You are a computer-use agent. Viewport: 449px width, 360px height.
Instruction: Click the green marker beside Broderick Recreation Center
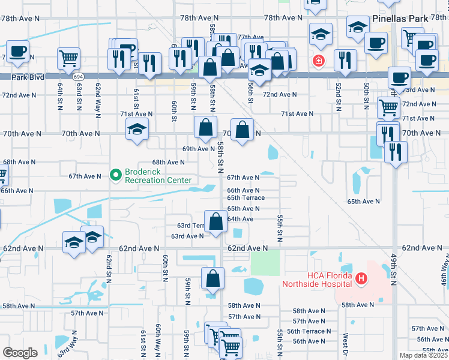click(x=116, y=175)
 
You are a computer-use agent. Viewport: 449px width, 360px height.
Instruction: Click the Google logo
click(x=20, y=352)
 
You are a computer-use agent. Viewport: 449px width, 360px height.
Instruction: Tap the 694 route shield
click(x=79, y=77)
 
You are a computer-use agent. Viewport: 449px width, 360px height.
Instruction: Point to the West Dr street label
click(x=346, y=345)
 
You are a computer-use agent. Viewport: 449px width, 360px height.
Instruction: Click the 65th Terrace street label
click(x=246, y=197)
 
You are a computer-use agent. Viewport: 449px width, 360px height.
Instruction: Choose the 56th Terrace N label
click(x=309, y=331)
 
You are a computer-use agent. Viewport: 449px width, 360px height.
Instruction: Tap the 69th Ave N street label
click(x=198, y=149)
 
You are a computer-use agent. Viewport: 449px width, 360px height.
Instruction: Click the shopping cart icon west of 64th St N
click(x=69, y=59)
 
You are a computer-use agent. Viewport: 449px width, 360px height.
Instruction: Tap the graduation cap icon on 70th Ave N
click(x=137, y=129)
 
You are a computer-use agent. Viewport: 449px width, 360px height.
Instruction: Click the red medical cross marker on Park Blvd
click(x=317, y=61)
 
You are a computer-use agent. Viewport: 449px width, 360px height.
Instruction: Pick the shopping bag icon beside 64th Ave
click(x=215, y=221)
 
